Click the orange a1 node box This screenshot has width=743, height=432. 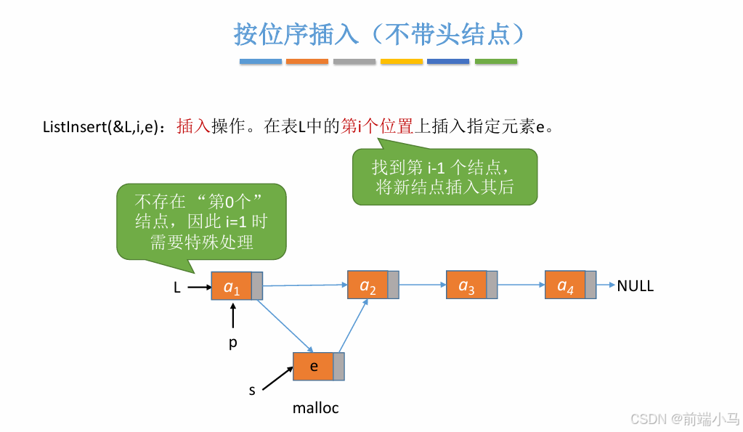[231, 286]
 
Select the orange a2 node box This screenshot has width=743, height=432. [368, 285]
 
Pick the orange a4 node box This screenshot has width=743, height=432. [564, 285]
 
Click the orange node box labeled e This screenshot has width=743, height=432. [313, 366]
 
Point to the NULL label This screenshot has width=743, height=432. [636, 286]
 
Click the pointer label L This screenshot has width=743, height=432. [176, 288]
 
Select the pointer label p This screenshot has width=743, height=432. [233, 342]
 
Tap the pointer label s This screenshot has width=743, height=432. [252, 390]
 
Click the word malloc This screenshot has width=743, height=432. [315, 408]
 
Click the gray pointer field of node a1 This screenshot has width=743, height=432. [256, 286]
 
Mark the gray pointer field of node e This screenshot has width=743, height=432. [338, 366]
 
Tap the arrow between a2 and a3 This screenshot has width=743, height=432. [422, 285]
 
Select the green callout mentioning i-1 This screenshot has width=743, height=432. [444, 176]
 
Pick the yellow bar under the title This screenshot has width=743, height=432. [401, 62]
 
